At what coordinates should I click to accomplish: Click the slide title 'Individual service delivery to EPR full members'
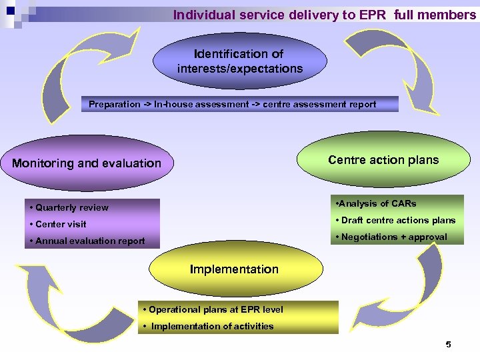coord(324,15)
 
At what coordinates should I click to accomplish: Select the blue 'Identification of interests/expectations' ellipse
coord(240,62)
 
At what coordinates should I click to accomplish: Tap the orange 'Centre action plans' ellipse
coord(383,160)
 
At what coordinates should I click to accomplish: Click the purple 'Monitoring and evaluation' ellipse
coord(87,163)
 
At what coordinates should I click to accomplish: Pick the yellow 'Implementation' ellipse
coord(234,269)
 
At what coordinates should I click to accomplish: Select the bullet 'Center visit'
coord(61,224)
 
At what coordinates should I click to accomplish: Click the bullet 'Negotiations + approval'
coord(394,237)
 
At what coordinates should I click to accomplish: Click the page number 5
coord(448,345)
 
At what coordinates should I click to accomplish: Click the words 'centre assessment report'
coord(319,105)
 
